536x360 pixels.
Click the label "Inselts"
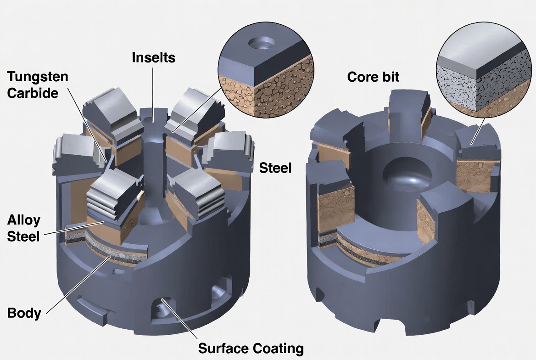(153, 58)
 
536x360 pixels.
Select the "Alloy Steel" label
(23, 228)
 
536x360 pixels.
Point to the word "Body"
(24, 314)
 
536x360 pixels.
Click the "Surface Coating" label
(251, 348)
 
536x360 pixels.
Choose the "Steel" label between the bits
(275, 168)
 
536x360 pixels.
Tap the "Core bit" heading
(373, 77)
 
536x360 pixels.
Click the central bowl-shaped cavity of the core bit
(407, 176)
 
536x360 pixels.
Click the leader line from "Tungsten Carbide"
(89, 124)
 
